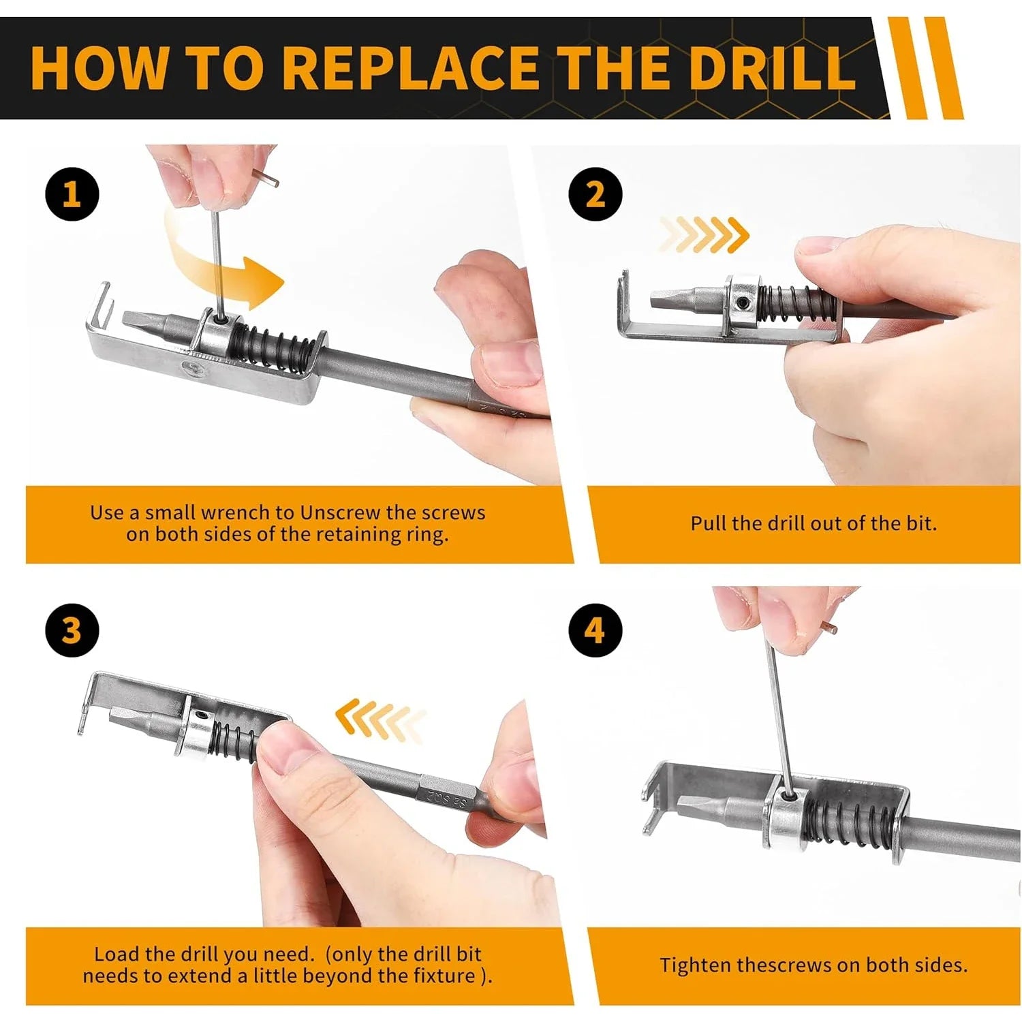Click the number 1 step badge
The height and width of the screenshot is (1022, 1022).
tap(72, 194)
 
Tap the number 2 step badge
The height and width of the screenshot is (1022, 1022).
tap(595, 194)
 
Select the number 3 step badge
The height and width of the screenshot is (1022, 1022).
tap(72, 630)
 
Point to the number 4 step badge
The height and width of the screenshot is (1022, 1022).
tap(595, 630)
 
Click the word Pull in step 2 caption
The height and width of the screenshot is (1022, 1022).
tap(709, 523)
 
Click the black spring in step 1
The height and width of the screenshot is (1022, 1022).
tap(273, 344)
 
